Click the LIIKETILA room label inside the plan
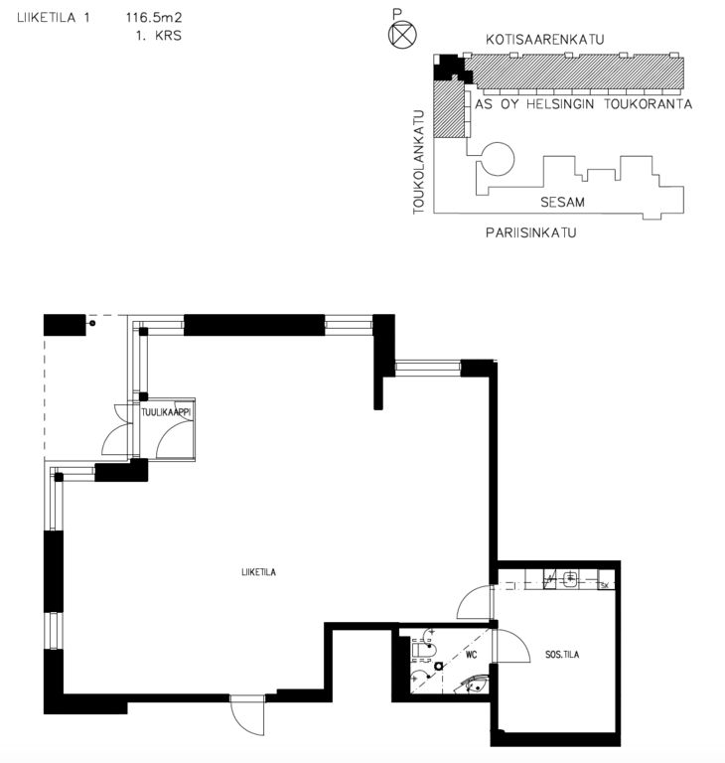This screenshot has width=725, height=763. (x=258, y=572)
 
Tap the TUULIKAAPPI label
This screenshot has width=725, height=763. (x=167, y=412)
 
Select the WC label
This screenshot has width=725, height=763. (x=471, y=655)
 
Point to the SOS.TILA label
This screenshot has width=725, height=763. (x=562, y=655)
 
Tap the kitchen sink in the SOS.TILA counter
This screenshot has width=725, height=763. (x=570, y=578)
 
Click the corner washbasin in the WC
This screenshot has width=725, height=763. (x=476, y=684)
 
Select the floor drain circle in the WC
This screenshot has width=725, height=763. (x=439, y=667)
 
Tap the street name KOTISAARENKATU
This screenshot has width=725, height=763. (x=545, y=40)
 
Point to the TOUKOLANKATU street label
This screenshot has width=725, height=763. (x=418, y=162)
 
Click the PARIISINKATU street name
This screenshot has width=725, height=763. (x=531, y=232)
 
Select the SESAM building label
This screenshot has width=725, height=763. (x=562, y=202)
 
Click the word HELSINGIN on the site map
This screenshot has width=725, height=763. (x=560, y=104)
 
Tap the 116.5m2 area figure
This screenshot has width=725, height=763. (x=154, y=18)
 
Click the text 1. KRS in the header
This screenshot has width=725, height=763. (x=159, y=36)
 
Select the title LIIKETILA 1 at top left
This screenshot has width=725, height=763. (x=54, y=18)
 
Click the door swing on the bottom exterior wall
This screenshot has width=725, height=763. (x=246, y=715)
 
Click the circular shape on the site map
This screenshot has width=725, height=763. (x=499, y=159)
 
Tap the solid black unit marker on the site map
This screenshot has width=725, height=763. (x=453, y=68)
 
